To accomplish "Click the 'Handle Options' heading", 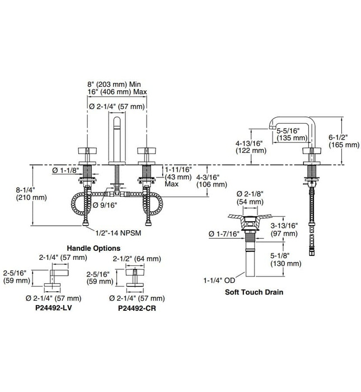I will [x=93, y=248].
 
